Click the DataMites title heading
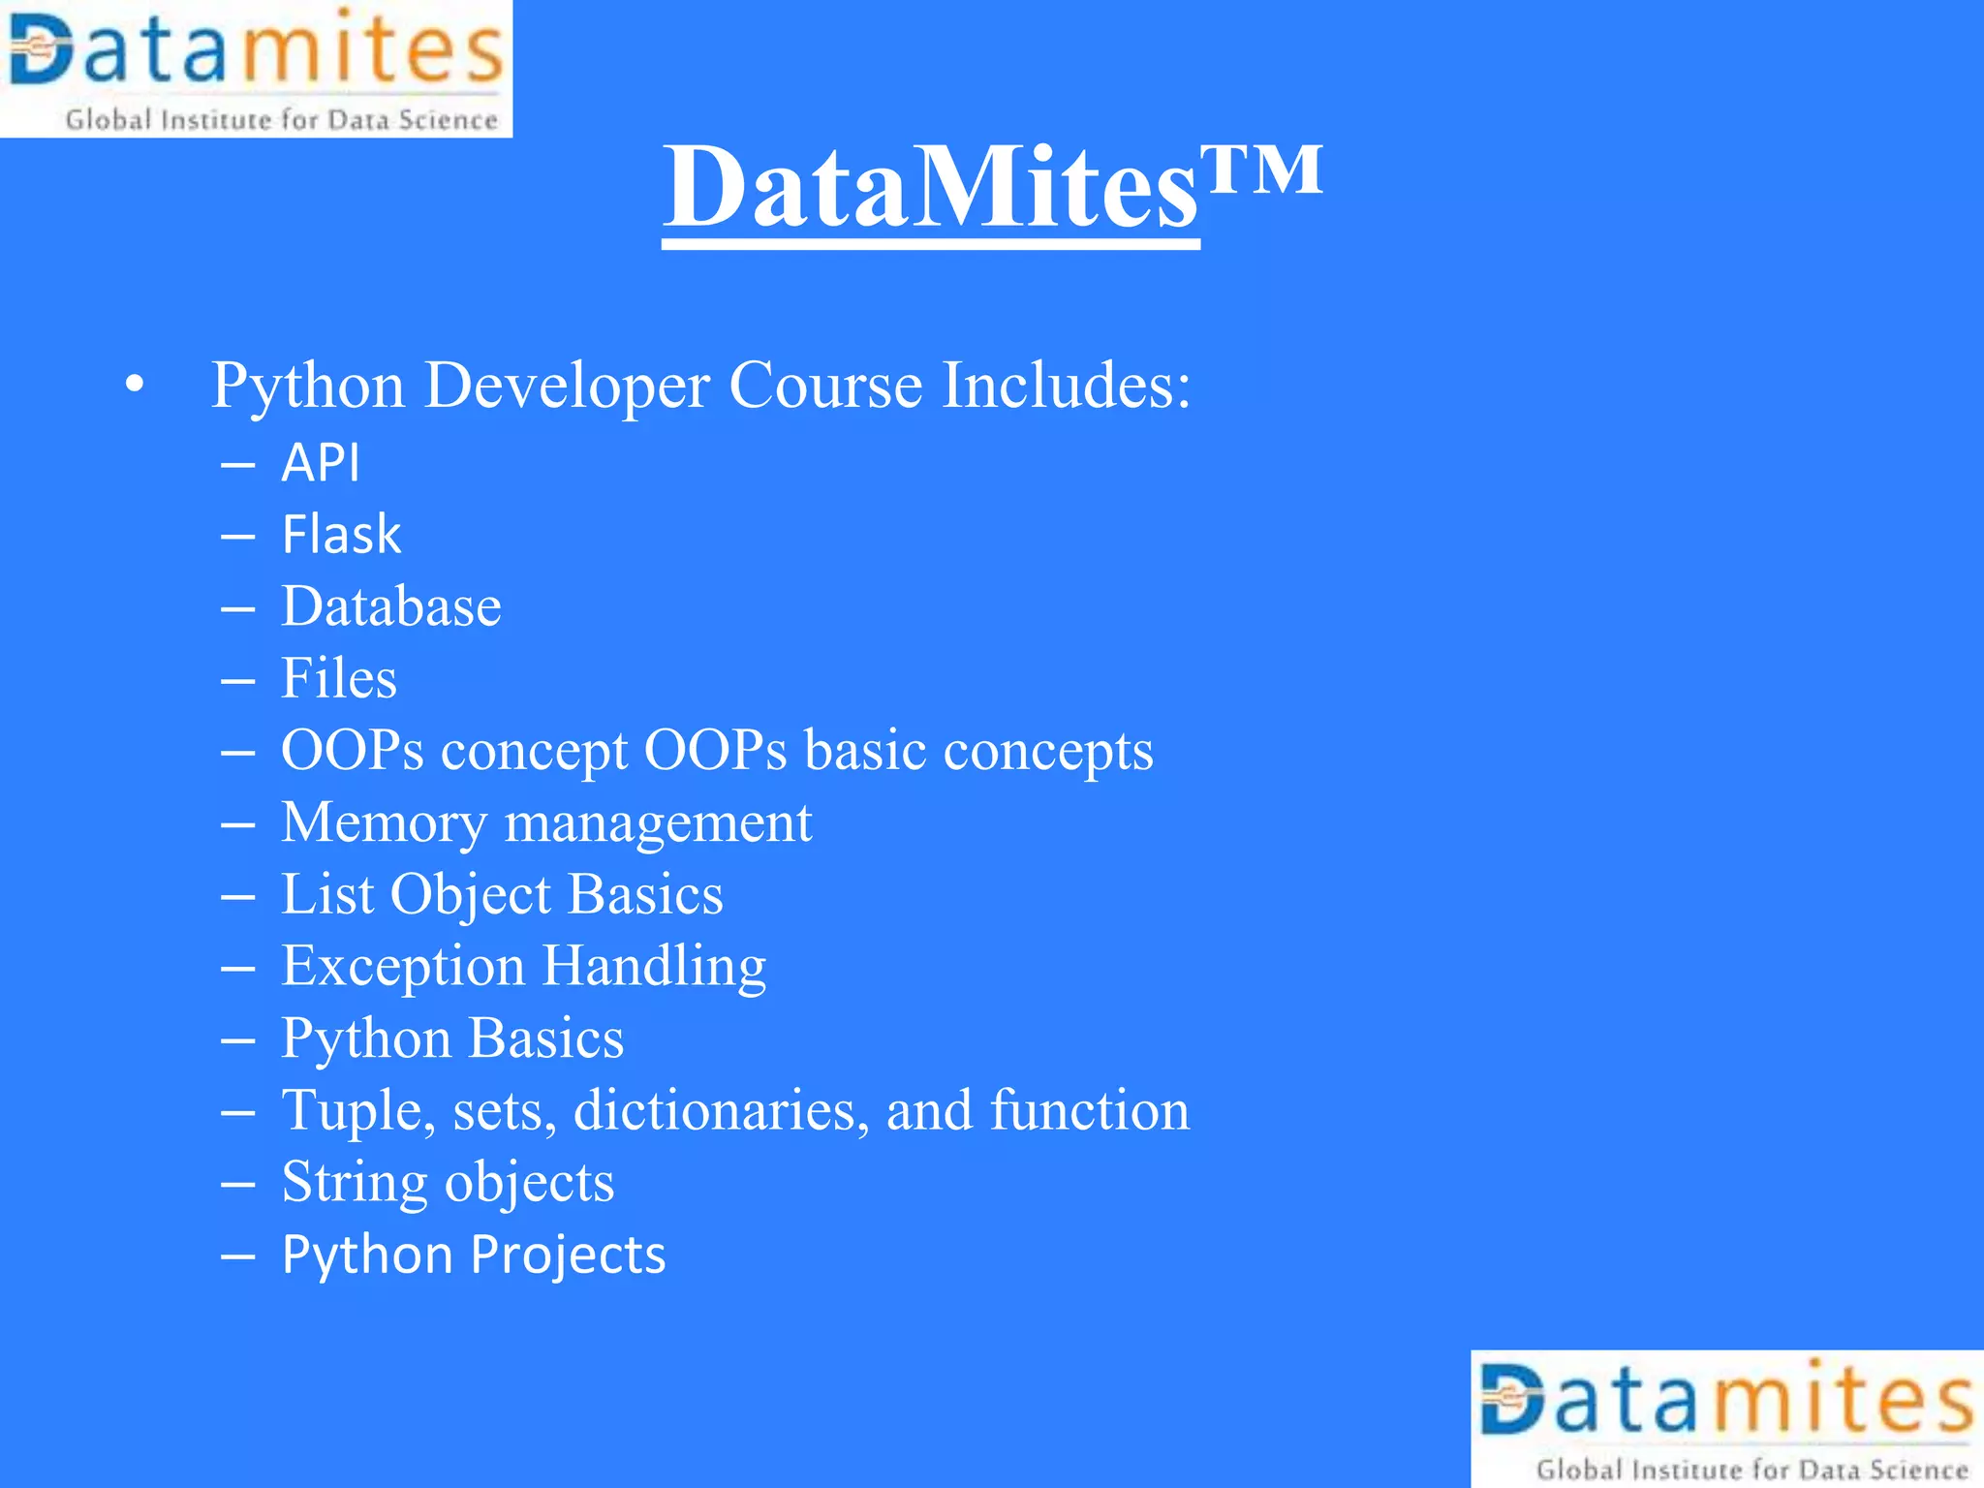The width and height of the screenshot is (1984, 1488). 930,186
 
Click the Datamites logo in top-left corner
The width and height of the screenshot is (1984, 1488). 256,68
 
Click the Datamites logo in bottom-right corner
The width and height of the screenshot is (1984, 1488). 1727,1418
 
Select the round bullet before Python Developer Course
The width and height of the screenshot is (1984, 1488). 135,386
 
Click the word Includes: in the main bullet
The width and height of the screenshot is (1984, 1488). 1066,386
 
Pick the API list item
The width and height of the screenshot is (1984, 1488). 321,463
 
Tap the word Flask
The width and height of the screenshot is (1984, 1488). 341,535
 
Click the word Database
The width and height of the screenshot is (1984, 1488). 391,606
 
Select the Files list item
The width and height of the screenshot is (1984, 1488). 339,678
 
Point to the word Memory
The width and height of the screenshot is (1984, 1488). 384,823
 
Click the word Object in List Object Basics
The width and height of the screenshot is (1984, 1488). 470,895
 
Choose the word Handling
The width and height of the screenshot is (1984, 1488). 654,967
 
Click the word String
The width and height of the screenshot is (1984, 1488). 355,1183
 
